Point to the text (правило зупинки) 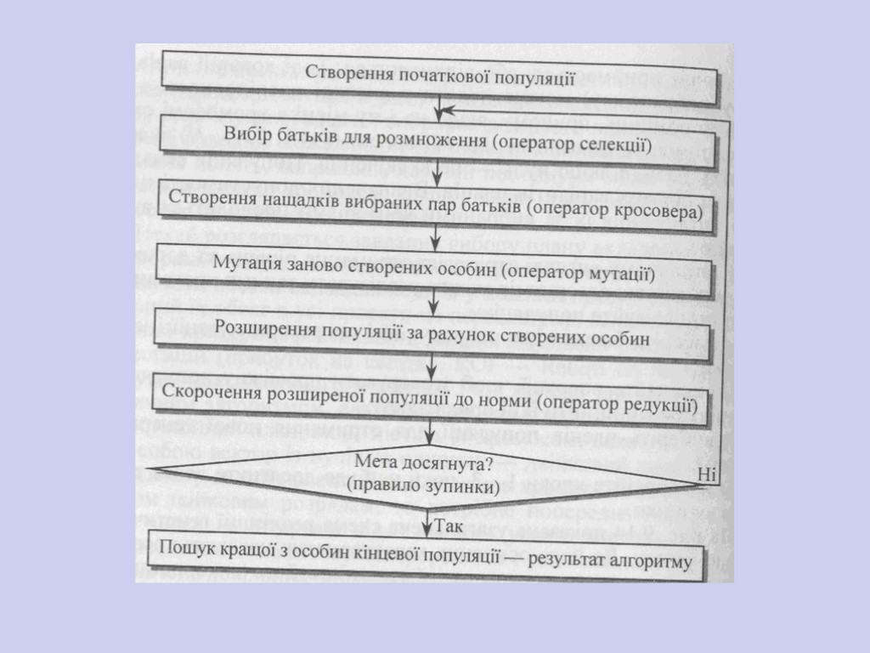pos(422,488)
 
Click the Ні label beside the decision pos(708,474)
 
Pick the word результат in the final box pos(573,558)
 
